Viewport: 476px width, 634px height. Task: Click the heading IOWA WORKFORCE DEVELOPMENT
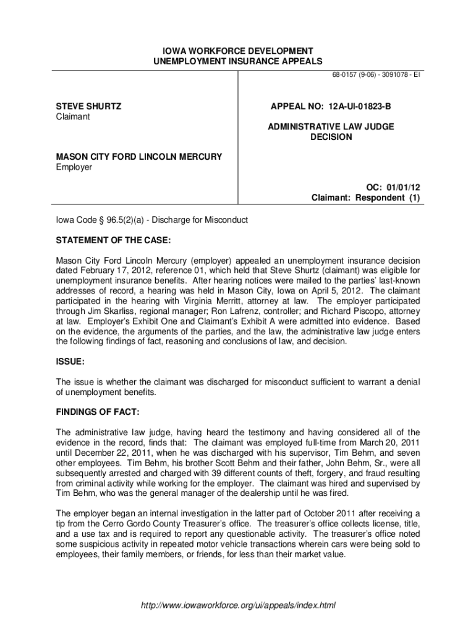(x=237, y=50)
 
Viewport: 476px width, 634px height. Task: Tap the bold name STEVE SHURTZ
(x=88, y=106)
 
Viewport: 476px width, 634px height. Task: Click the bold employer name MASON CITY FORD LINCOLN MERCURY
(x=139, y=157)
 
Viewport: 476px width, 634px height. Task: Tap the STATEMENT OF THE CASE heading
(x=113, y=240)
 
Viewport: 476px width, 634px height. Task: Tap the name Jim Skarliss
(x=114, y=311)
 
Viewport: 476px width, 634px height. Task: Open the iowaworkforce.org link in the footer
(x=238, y=605)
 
